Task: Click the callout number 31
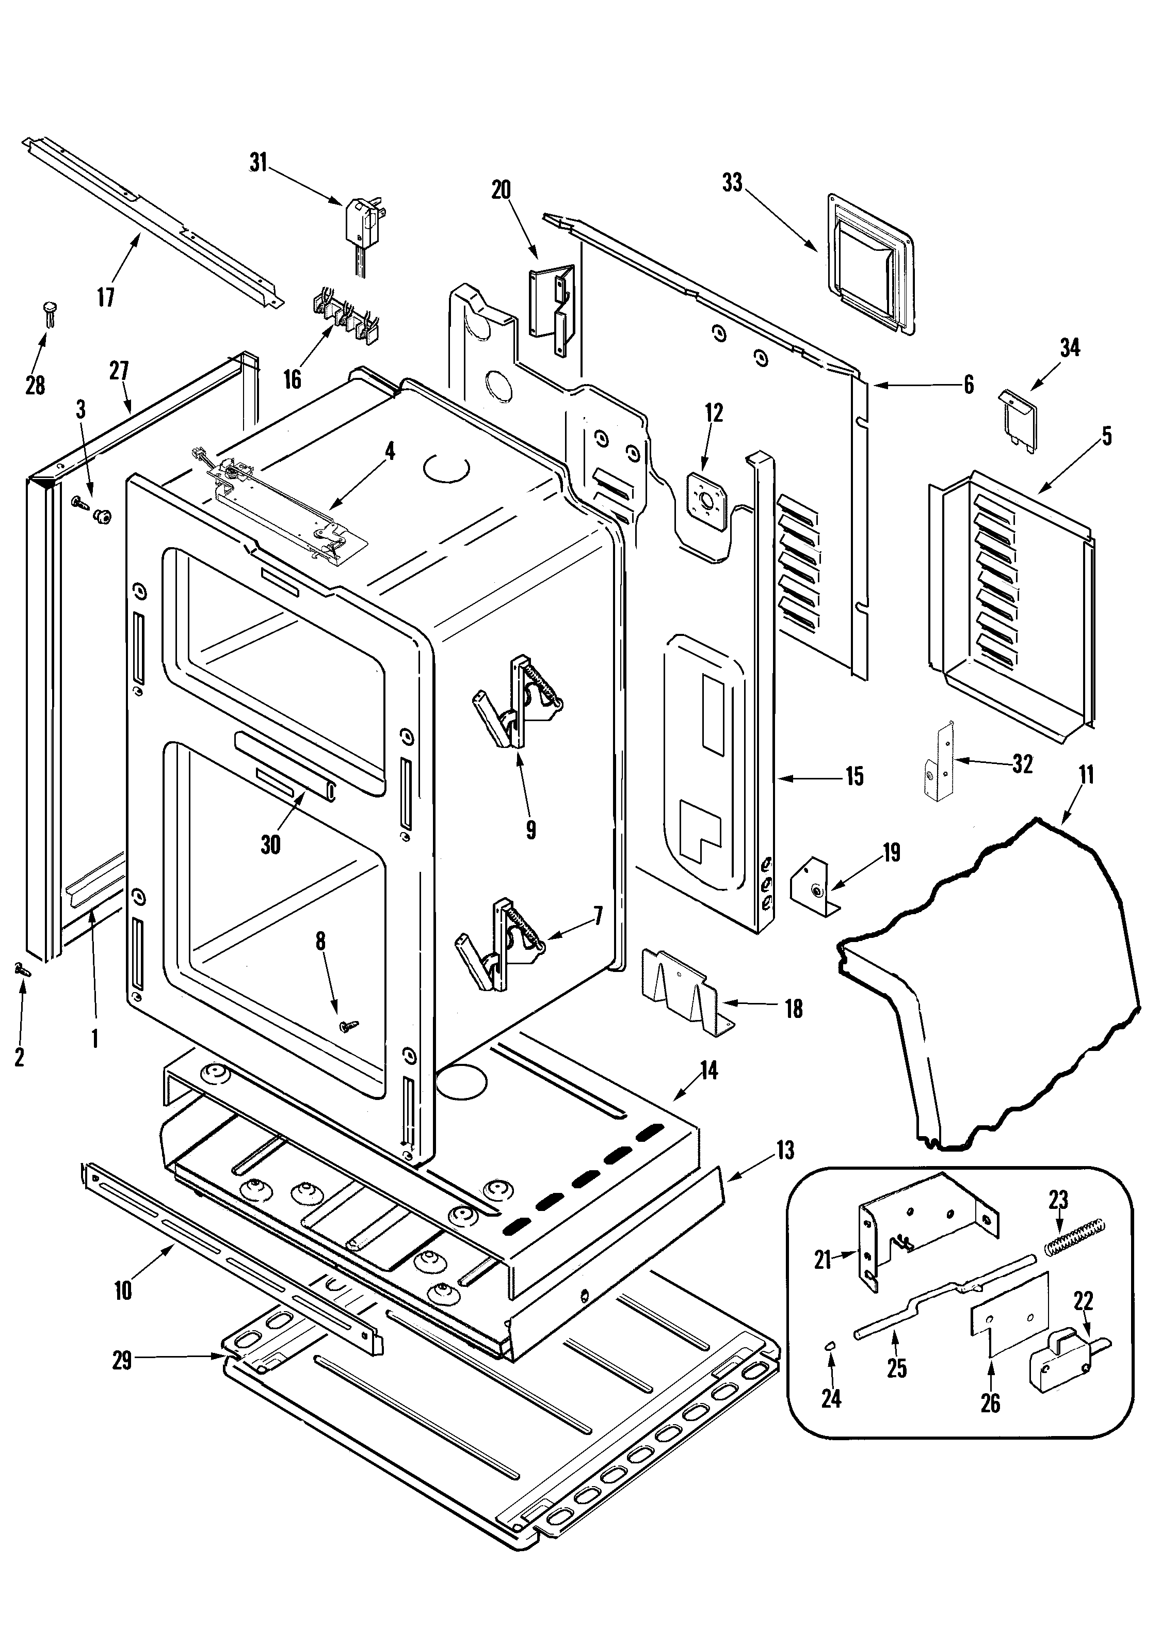point(257,163)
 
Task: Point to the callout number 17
point(106,297)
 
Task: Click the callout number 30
point(270,844)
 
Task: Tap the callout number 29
point(122,1360)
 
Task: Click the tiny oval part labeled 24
point(831,1345)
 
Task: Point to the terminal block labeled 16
point(348,314)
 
